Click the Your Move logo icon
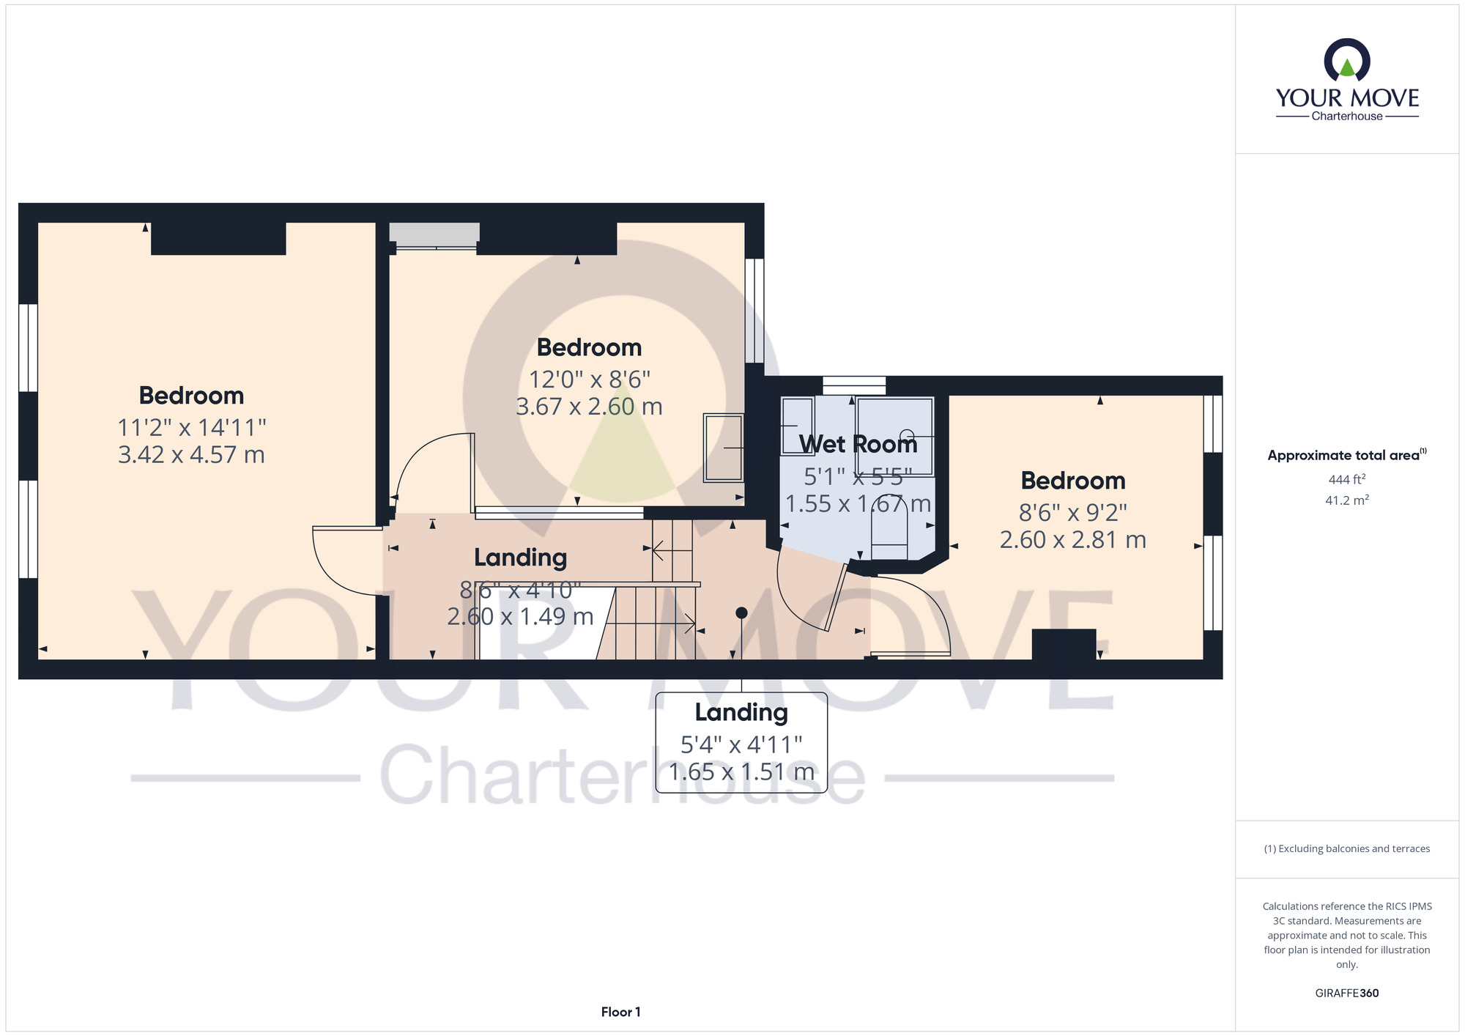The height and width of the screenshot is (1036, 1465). pos(1347,60)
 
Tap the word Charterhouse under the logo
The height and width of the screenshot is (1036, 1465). pos(1347,116)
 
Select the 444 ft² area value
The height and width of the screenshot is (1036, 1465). pos(1347,480)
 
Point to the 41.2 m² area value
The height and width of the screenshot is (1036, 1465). pos(1347,500)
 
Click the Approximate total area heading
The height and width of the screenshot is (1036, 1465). pos(1347,455)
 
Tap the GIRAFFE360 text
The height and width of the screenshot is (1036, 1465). pos(1347,994)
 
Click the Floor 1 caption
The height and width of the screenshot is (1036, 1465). pos(620,1012)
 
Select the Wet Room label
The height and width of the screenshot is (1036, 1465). pos(858,444)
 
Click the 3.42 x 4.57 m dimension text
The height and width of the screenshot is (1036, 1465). pos(191,455)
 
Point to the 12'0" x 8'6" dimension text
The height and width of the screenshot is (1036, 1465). pos(590,380)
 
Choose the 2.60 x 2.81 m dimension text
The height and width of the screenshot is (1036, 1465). pos(1073,540)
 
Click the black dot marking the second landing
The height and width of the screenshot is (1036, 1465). pos(741,613)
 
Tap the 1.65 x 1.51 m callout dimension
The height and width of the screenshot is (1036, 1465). pos(741,772)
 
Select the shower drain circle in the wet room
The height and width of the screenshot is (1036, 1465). pos(907,435)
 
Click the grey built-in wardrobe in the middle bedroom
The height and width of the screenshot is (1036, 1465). pos(434,234)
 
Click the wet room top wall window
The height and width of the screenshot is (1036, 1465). pos(854,385)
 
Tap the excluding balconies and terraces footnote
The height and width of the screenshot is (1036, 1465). pos(1347,848)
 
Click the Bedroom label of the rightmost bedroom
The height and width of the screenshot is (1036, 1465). pos(1073,481)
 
